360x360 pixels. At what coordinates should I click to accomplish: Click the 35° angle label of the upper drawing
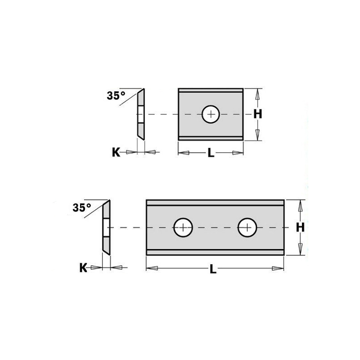click(116, 95)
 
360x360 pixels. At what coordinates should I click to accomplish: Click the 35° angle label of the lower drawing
click(81, 207)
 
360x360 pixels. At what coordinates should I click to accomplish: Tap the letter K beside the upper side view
click(116, 153)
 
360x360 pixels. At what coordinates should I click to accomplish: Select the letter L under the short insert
click(210, 153)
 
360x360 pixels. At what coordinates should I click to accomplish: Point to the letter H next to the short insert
click(257, 114)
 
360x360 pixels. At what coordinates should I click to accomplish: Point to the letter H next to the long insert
click(300, 228)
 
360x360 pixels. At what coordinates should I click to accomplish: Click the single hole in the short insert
click(210, 114)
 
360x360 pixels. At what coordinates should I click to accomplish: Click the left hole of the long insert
click(183, 227)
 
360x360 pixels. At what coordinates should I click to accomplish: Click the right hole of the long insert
click(247, 227)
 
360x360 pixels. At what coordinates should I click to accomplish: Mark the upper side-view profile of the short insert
click(141, 114)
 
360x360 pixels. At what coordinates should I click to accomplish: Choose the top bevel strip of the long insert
click(215, 204)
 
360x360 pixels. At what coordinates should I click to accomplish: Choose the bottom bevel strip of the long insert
click(215, 251)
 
